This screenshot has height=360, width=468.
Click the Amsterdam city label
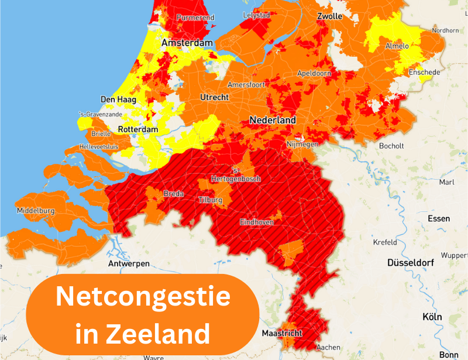pos(186,43)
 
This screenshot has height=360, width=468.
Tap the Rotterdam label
pos(138,129)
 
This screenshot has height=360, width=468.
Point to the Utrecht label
pos(214,97)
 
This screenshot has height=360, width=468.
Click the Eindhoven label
pos(257,222)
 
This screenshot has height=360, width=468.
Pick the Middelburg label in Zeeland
pos(36,210)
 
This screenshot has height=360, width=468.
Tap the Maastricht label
pos(282,334)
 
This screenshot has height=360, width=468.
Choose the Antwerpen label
pos(128,264)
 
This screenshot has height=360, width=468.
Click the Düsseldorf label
pos(410,263)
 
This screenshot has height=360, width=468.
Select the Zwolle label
pos(329,16)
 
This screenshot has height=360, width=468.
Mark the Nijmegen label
pos(302,144)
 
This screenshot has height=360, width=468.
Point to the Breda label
pos(173,194)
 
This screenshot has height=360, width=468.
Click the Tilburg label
pos(211,200)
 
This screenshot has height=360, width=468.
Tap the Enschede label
pos(424,72)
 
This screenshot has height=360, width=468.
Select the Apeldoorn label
pos(314,73)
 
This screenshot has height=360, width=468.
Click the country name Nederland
pos(273,120)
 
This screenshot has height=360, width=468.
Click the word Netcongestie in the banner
pos(143,297)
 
